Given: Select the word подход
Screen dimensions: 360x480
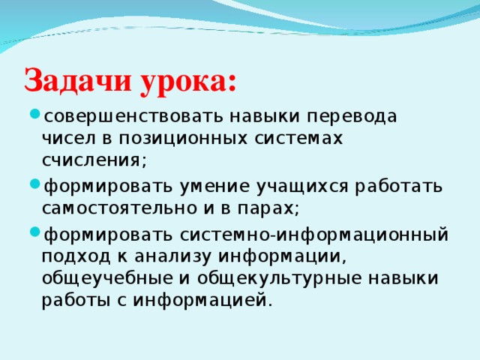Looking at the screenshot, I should click(x=76, y=258).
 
